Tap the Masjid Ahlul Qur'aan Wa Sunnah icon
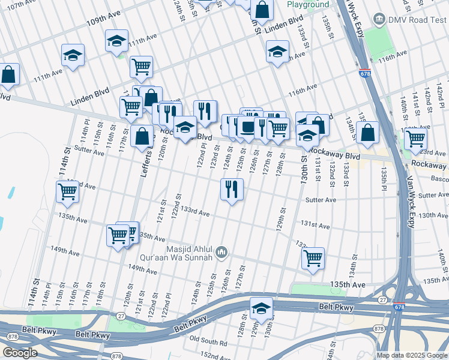[x=221, y=252]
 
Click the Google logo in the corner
[x=19, y=353]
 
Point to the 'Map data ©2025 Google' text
[x=412, y=355]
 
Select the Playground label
[x=308, y=4]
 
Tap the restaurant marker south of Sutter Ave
[x=232, y=189]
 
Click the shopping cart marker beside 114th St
[x=67, y=192]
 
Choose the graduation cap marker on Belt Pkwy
[x=261, y=308]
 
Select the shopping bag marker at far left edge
[x=8, y=75]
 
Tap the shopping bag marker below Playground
[x=262, y=10]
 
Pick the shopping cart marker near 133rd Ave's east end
[x=313, y=259]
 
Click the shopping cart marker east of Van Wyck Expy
[x=415, y=139]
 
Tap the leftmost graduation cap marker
[x=73, y=56]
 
